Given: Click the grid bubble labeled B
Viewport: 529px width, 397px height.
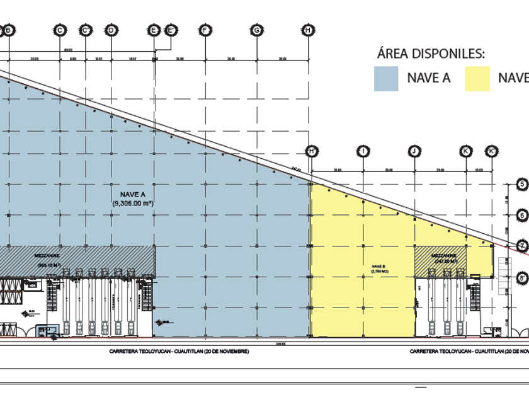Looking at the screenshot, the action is coord(9,30).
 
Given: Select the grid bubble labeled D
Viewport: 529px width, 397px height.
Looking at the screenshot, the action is coord(111,30).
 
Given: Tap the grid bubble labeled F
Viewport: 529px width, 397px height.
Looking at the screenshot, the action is coord(205,30).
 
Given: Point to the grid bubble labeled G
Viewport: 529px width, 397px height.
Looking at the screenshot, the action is coord(256,30).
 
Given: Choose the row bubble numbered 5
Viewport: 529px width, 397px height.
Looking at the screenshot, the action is coord(521,184).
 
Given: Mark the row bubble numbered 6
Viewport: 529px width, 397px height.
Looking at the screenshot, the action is coord(521,215).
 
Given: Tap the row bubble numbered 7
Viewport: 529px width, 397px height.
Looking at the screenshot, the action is coord(521,245).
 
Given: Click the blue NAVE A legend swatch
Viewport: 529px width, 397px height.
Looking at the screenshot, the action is coord(386,79).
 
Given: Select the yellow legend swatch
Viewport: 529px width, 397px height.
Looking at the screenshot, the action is coord(477,79).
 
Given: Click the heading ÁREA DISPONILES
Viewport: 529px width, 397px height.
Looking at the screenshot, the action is coord(431,54).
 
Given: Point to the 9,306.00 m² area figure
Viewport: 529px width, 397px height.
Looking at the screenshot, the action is coord(134,204).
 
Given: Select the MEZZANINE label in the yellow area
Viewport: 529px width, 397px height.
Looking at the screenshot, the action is coord(445,256).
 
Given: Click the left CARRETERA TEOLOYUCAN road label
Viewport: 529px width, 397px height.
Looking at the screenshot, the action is coord(179,351).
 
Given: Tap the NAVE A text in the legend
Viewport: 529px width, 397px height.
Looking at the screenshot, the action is coord(429,78).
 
